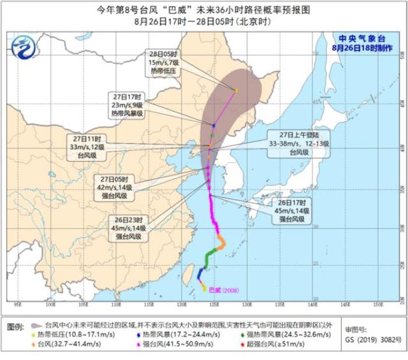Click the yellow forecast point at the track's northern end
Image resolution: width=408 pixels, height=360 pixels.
point(236,90)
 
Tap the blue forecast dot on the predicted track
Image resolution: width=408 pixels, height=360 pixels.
point(213,125)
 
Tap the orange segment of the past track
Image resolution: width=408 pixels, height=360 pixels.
point(221,243)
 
